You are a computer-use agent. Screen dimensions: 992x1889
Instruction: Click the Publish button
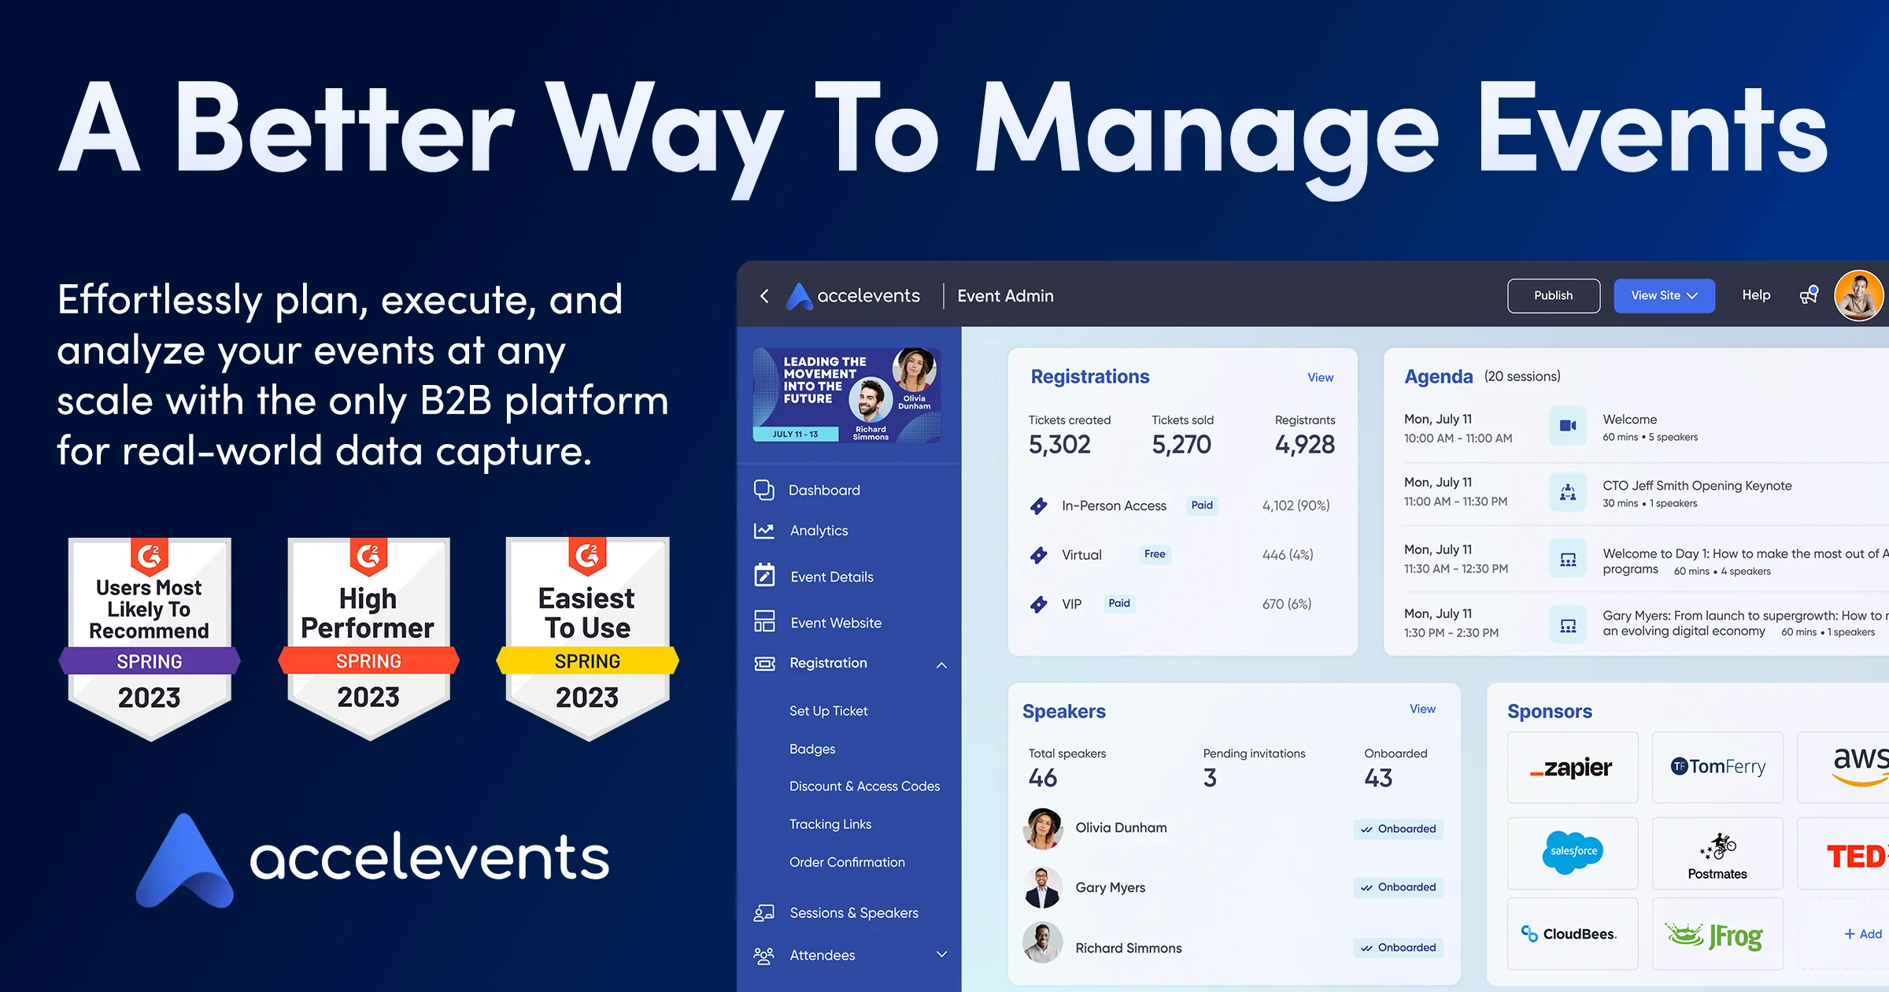1553,296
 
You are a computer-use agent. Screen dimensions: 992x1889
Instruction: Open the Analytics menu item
819,531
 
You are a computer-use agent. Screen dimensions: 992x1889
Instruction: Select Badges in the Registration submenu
812,749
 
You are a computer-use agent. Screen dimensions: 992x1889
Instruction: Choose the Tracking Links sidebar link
830,824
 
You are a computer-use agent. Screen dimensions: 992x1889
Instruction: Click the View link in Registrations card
1320,378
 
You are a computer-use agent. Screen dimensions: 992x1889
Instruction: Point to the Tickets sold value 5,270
1181,445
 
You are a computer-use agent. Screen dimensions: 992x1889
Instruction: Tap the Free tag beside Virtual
1155,554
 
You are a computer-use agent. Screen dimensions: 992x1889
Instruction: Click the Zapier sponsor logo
1572,768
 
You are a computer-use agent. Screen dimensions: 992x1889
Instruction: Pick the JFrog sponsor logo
1717,935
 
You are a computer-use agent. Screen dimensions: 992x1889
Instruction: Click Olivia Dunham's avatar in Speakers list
1043,828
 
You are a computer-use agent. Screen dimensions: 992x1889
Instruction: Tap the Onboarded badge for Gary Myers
1399,887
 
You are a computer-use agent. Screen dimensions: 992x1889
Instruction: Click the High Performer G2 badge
368,638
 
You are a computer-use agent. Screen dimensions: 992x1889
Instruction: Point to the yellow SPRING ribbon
587,661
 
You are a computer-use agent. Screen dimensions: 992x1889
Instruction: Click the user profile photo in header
1858,296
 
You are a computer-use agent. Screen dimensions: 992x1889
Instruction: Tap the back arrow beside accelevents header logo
764,296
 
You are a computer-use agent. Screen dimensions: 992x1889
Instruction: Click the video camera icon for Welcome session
1568,426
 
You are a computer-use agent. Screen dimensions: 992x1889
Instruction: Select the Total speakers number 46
1043,779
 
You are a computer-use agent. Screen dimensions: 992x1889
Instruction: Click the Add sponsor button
1862,934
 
